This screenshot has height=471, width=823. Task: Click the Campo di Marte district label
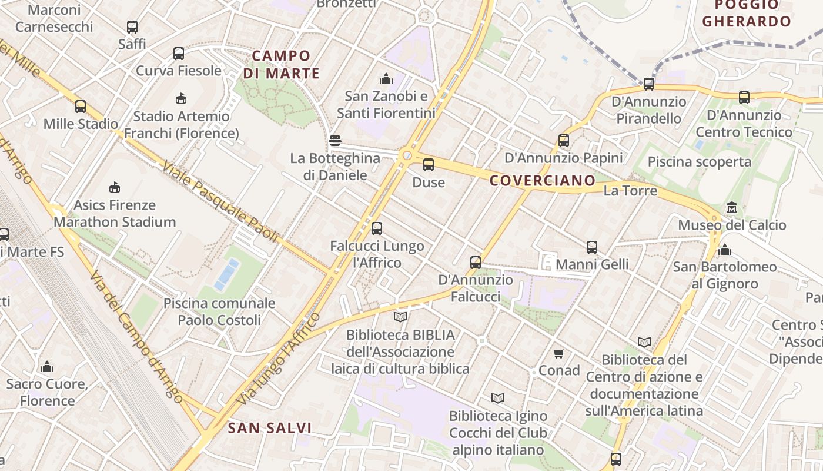281,65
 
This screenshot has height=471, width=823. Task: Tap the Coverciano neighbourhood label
543,181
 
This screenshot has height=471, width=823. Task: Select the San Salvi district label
270,428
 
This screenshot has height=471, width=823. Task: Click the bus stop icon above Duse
429,165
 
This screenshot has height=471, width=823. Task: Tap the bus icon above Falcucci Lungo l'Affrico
377,228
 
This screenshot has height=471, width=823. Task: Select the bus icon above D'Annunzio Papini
564,141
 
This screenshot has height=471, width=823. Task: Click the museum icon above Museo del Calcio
732,208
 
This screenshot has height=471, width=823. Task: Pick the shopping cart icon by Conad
559,353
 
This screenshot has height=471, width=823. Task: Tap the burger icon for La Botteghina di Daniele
335,141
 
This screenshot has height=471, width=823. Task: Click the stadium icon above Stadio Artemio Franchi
180,98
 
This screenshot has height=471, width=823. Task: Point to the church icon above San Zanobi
386,78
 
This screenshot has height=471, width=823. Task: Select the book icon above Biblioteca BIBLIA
400,317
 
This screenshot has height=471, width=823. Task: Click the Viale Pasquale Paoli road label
220,202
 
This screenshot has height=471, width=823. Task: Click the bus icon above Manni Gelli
592,247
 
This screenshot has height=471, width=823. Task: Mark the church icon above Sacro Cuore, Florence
47,367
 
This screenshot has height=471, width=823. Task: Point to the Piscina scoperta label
700,162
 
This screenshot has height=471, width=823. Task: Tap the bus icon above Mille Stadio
81,107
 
